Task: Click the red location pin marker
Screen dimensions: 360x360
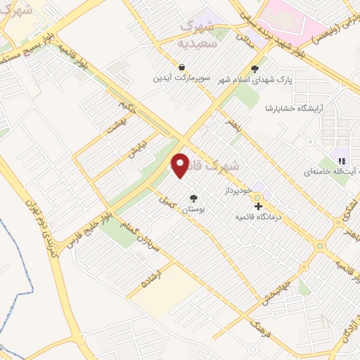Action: pos(181,165)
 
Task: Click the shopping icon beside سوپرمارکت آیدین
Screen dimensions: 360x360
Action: pos(182,67)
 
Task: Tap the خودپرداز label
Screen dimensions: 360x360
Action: pos(222,191)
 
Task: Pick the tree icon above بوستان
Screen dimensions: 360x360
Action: pos(193,198)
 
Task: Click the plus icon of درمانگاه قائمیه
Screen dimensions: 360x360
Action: pos(259,207)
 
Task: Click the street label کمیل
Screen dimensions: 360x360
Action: pos(166,200)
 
